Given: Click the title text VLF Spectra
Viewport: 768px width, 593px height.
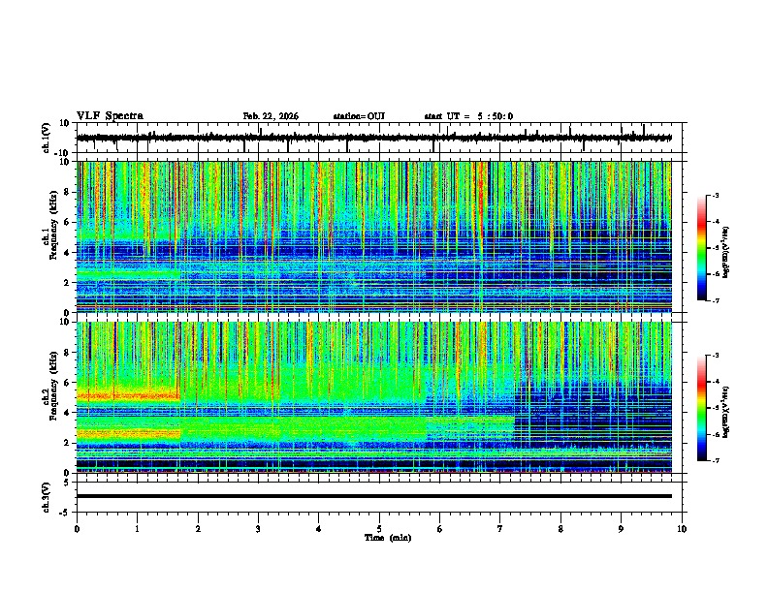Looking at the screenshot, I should click(x=110, y=115).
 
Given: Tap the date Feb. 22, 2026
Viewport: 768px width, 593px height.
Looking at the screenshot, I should click(x=271, y=116).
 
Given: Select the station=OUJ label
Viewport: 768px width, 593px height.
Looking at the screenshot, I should click(x=359, y=116).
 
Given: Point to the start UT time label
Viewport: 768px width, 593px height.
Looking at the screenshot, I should click(x=468, y=116).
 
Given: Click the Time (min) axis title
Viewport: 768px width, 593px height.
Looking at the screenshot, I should click(x=379, y=537).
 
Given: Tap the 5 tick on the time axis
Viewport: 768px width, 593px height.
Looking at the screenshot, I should click(x=379, y=528).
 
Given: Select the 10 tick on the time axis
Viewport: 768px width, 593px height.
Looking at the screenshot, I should click(x=682, y=528).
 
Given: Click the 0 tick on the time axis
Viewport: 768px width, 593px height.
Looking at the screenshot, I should click(x=77, y=528).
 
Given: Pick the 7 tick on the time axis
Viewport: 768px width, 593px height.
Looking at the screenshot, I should click(x=500, y=528).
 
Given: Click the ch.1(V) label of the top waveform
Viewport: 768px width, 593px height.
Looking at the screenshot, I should click(x=46, y=138).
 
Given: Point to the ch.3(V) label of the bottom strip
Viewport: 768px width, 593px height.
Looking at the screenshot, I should click(x=46, y=495).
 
